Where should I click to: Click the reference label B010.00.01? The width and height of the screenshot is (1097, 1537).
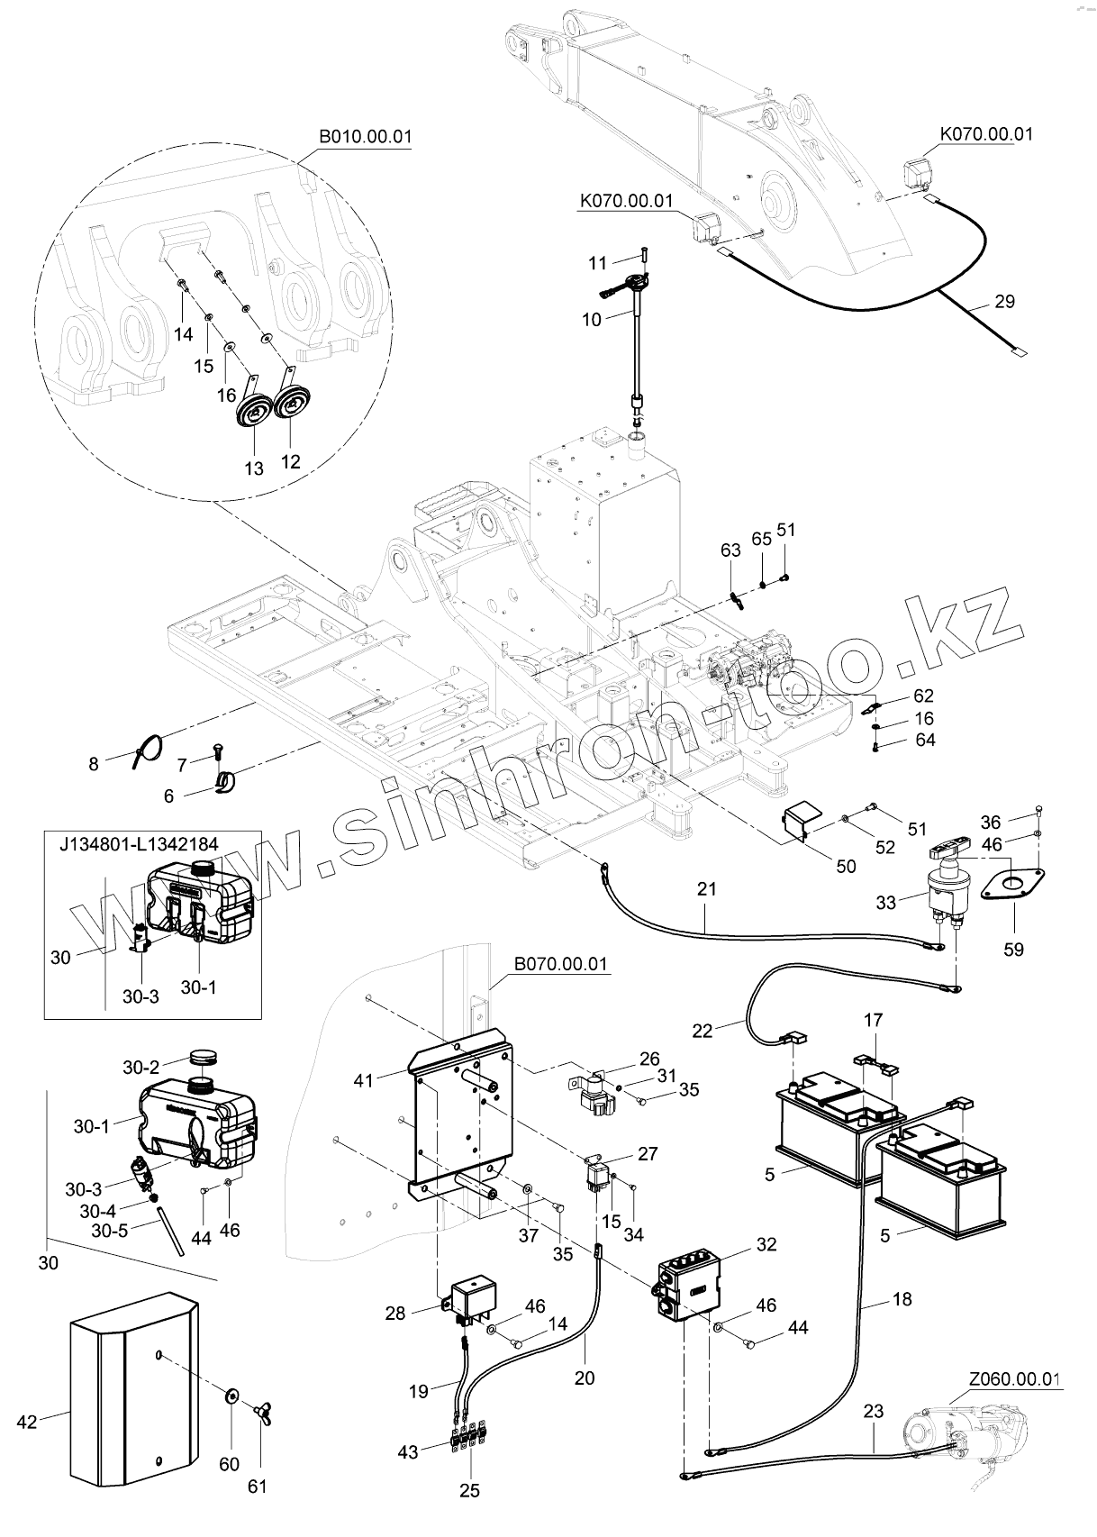tap(365, 138)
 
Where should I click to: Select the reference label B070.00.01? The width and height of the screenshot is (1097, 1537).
tap(560, 964)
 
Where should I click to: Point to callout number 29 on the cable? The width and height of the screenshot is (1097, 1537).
tap(1004, 302)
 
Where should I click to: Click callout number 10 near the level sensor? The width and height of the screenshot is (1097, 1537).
tap(591, 319)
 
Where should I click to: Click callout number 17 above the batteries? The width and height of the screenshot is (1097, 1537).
tap(873, 1021)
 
